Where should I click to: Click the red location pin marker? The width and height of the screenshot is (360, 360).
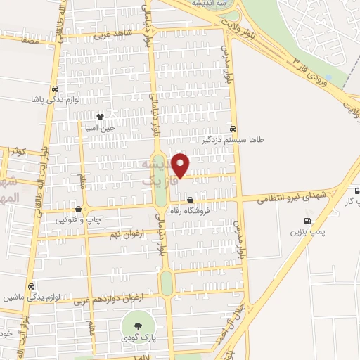pyautogui.click(x=181, y=165)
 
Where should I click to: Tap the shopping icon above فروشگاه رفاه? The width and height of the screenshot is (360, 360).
pyautogui.click(x=190, y=200)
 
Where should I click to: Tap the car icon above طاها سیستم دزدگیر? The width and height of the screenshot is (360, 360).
pyautogui.click(x=233, y=129)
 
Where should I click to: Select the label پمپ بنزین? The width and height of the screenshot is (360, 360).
pyautogui.click(x=307, y=231)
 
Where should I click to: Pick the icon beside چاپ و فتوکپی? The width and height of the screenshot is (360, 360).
pyautogui.click(x=78, y=210)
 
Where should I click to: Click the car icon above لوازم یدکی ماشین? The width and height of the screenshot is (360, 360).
pyautogui.click(x=31, y=286)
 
